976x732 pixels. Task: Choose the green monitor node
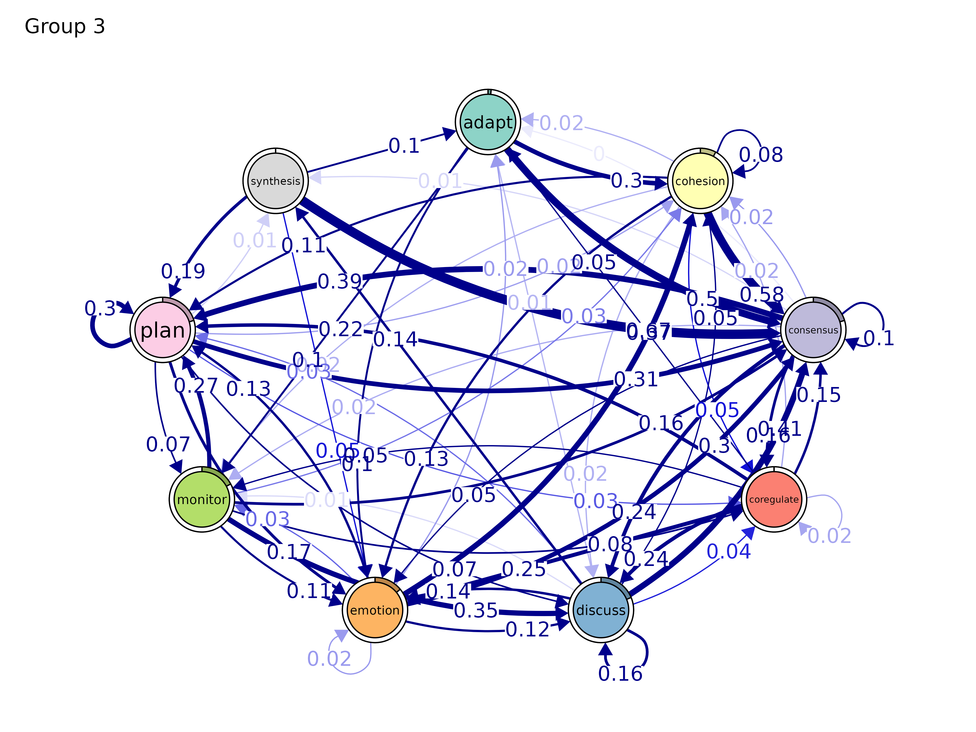point(202,500)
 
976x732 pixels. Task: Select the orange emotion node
point(375,610)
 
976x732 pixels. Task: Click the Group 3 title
point(65,26)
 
